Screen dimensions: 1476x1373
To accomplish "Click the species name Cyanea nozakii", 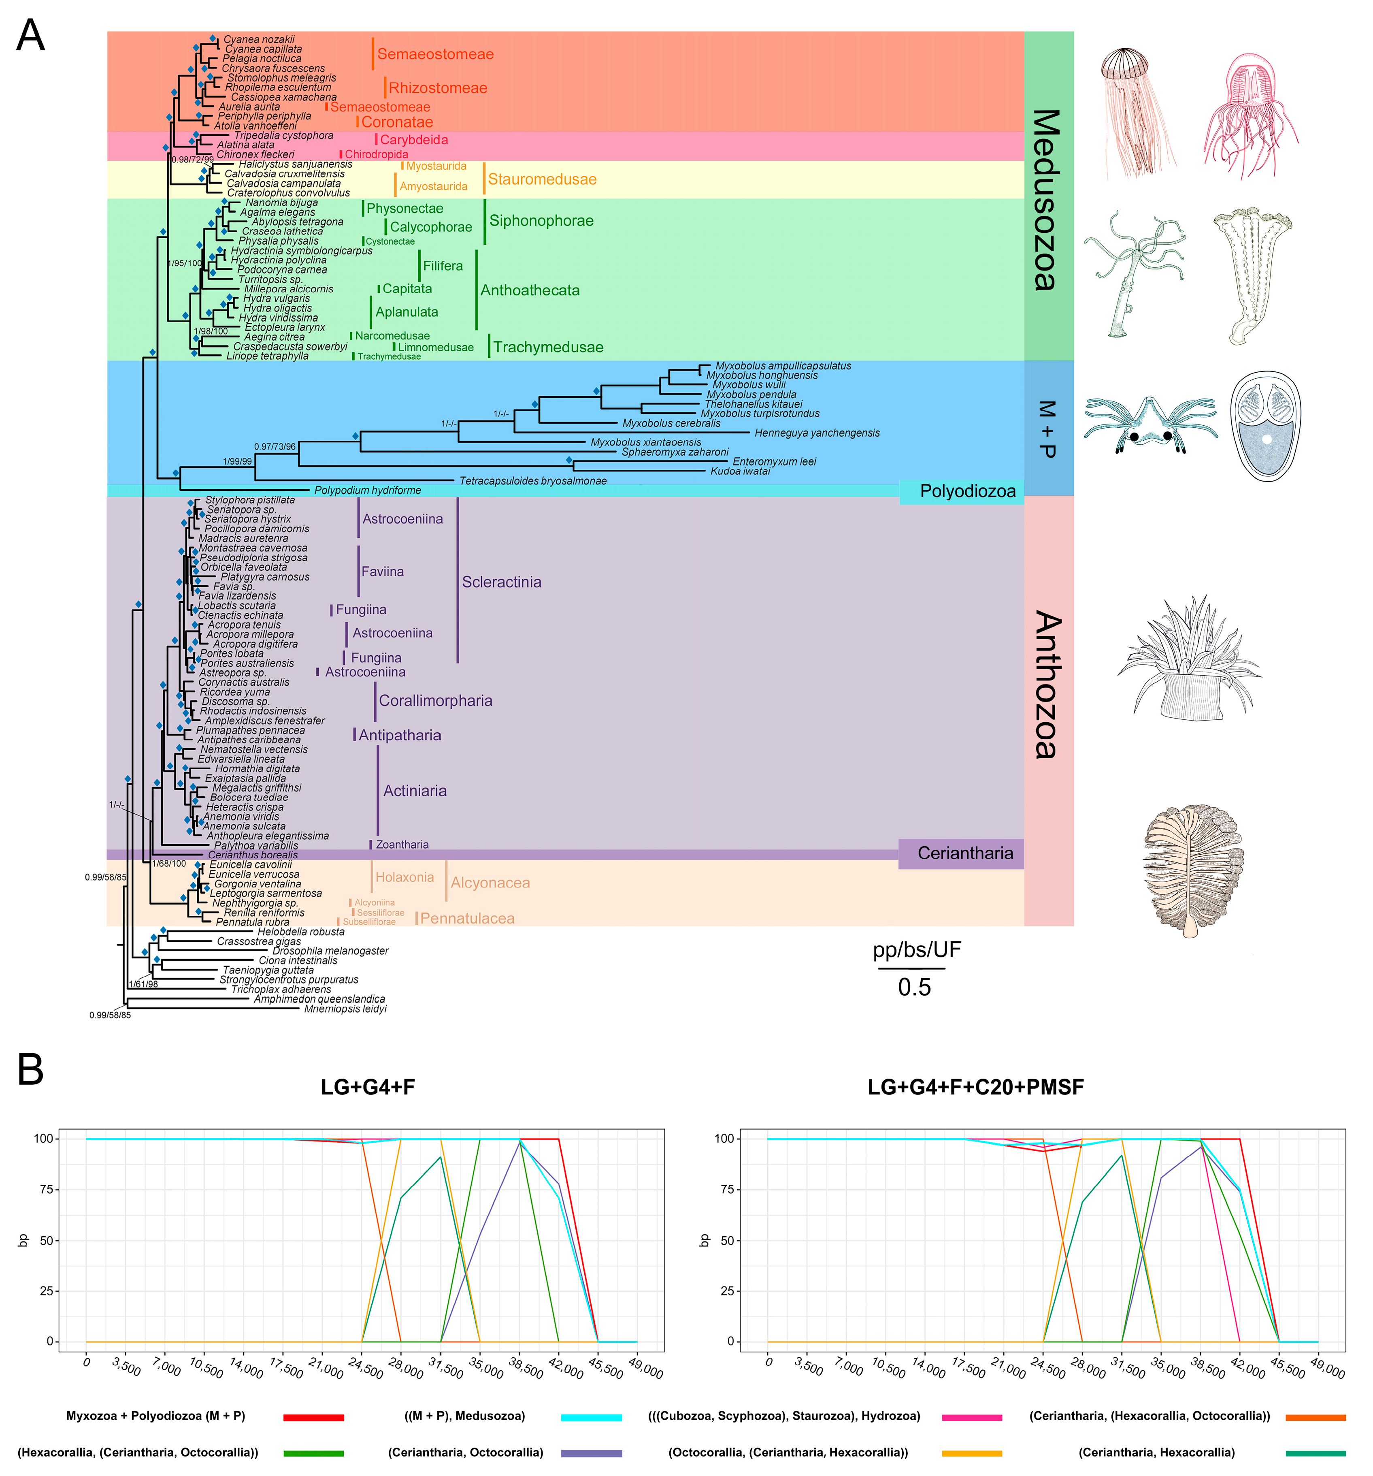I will [259, 39].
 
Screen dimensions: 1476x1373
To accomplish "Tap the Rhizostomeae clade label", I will [437, 88].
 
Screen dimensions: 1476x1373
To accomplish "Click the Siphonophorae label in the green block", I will [541, 220].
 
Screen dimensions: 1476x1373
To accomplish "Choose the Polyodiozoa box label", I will [967, 491].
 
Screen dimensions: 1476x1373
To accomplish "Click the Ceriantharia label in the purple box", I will [965, 853].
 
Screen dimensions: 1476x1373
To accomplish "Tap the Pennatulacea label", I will [467, 918].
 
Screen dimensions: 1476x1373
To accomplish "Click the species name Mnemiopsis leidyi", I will [345, 1009].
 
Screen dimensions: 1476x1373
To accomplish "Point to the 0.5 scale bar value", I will [913, 988].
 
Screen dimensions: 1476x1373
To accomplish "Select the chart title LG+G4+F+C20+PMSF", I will [975, 1088].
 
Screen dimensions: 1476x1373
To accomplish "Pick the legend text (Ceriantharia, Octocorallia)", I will [465, 1452].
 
